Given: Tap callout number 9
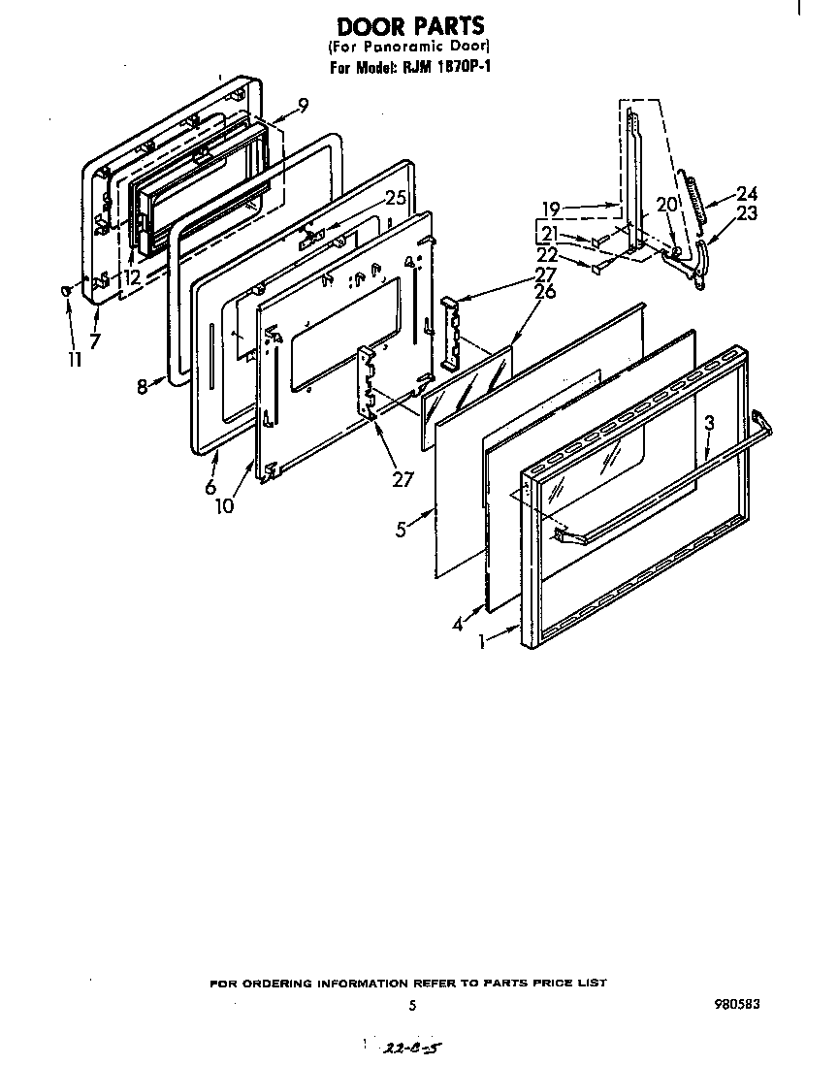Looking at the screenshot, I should coord(304,106).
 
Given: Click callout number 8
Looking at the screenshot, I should coord(143,386).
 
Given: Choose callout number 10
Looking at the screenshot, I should coord(225,505).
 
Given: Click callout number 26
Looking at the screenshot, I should coord(545,291).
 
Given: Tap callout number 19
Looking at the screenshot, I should coord(552,208).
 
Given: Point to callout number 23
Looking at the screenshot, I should coord(746,214).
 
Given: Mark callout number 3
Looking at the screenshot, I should coord(710,423).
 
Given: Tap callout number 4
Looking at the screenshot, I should coord(458,625).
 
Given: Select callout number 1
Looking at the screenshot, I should coord(484,641).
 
